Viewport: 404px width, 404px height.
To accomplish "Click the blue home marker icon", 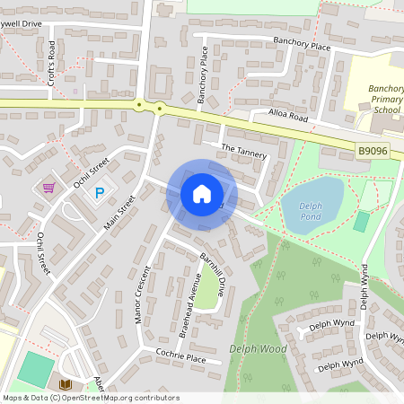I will [x=202, y=194].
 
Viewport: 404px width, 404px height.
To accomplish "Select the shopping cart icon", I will [x=48, y=188].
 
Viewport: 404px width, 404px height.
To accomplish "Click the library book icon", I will [x=65, y=384].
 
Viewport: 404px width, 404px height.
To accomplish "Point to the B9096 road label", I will [x=372, y=152].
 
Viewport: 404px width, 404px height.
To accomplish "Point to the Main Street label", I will [x=119, y=213].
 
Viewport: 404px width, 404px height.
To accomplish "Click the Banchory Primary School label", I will [x=386, y=99].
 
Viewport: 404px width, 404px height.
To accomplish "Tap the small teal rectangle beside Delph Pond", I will [x=361, y=222].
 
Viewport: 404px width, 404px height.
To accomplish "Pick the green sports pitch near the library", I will [x=35, y=369].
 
